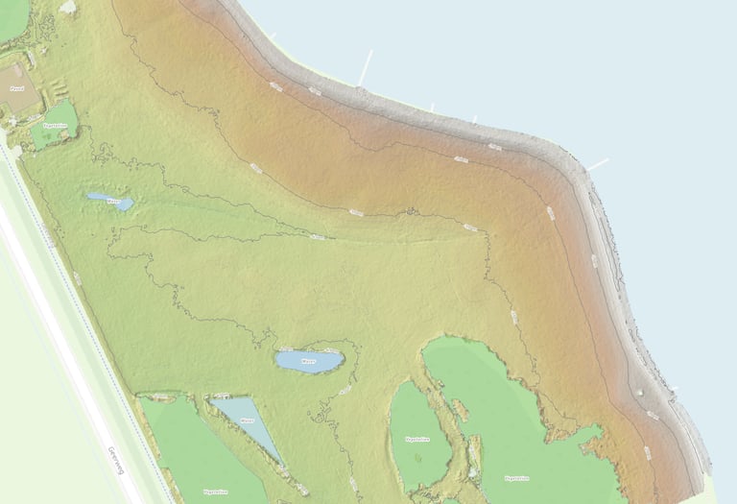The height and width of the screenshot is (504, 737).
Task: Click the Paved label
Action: pos(16,87)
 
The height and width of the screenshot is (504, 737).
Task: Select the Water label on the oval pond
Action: pos(308,362)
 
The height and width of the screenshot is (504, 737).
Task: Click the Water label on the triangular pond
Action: pos(247,420)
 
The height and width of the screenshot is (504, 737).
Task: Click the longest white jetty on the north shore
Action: pos(366,67)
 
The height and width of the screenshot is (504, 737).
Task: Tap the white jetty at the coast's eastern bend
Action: pos(598,165)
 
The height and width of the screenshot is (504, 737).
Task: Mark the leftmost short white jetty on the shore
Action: pos(272,36)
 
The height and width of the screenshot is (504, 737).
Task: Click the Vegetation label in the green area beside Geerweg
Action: pos(215,492)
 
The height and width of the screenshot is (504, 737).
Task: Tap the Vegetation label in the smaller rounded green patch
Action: pos(416,439)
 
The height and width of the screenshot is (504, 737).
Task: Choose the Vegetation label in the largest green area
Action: pos(516,477)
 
